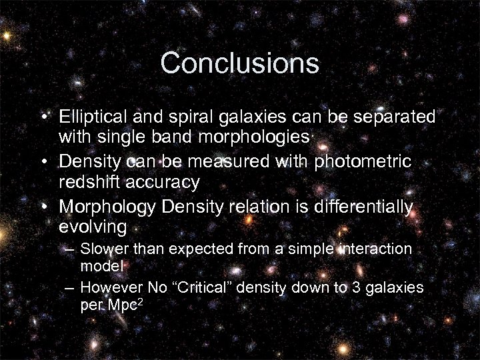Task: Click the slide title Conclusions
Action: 240,64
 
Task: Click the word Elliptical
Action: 89,117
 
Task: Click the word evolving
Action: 93,227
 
